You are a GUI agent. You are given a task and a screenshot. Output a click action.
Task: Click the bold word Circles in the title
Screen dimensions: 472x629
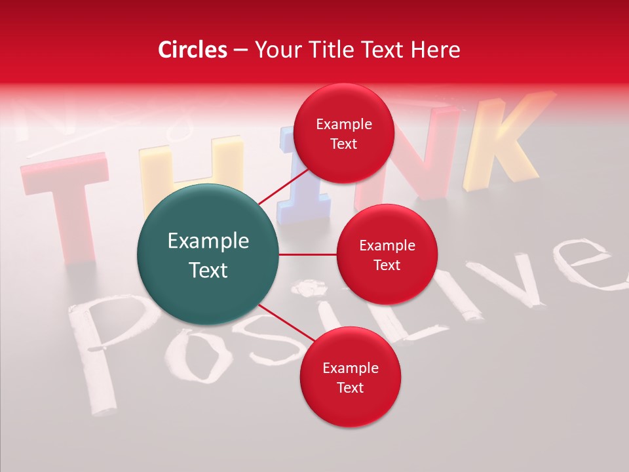click(192, 50)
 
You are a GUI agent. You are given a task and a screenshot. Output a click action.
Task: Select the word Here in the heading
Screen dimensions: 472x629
click(436, 50)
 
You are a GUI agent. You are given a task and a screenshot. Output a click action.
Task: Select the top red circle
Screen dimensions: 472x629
click(344, 133)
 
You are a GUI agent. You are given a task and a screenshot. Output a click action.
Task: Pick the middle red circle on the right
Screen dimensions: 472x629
click(387, 254)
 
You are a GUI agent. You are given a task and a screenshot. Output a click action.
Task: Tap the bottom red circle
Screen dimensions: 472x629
click(350, 377)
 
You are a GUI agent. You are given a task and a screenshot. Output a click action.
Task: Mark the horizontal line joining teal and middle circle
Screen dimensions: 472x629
click(308, 254)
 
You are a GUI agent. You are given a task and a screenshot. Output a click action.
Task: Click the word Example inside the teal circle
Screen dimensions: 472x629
click(208, 241)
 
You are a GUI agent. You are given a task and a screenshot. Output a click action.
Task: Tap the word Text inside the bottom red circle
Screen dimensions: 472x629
click(350, 387)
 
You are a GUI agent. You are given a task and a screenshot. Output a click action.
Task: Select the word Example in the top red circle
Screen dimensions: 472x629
click(344, 125)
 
